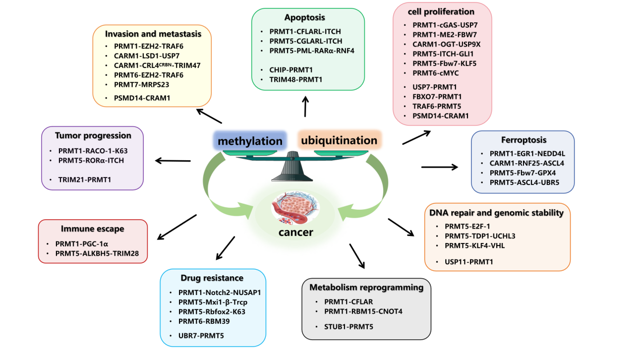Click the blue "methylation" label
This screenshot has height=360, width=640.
pyautogui.click(x=250, y=141)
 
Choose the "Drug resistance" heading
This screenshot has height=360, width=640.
pyautogui.click(x=212, y=278)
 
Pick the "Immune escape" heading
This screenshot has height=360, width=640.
pyautogui.click(x=92, y=228)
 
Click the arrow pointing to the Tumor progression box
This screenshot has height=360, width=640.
pyautogui.click(x=172, y=161)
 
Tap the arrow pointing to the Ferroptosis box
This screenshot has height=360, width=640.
pyautogui.click(x=439, y=167)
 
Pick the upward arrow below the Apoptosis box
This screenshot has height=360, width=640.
pyautogui.click(x=305, y=106)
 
